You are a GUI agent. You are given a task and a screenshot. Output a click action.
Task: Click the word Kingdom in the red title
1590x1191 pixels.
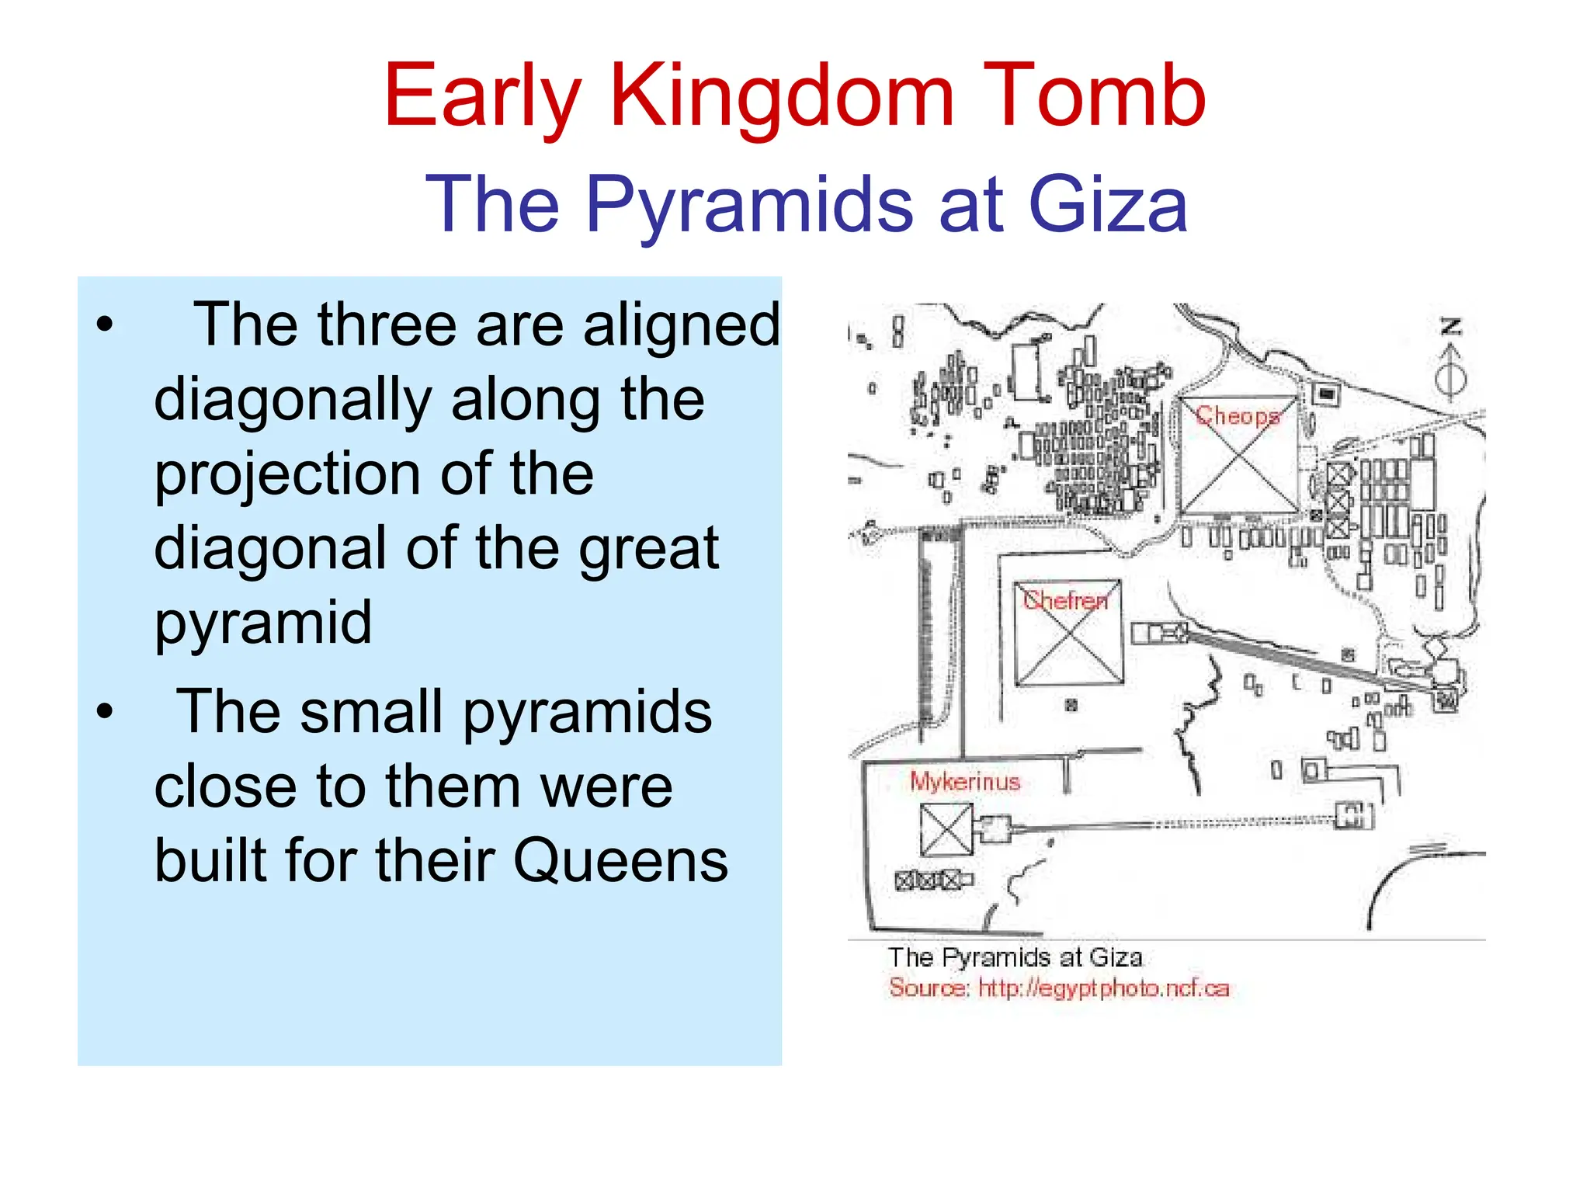(x=781, y=96)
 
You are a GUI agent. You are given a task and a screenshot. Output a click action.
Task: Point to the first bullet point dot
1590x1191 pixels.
(x=105, y=325)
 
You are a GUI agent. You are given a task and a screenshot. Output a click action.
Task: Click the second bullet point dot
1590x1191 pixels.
(x=105, y=711)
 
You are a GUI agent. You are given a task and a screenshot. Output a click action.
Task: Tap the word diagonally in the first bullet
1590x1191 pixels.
(x=292, y=401)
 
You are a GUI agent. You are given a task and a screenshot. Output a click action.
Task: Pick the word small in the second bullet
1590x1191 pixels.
(x=371, y=712)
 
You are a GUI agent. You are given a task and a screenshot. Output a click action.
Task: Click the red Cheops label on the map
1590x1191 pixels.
(x=1238, y=416)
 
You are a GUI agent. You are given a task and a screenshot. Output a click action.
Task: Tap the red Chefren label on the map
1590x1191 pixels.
(x=1065, y=600)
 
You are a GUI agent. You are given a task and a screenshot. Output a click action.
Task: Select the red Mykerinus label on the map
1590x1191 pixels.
(x=964, y=781)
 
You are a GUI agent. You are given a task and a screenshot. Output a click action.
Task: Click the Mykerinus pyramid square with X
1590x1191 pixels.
(x=946, y=828)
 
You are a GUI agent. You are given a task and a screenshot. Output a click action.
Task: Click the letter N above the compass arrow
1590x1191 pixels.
(x=1451, y=327)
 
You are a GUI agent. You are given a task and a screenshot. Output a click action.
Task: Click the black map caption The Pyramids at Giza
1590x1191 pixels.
(x=1015, y=957)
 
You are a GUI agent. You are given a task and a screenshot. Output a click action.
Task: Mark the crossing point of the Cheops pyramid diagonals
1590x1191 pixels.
(x=1238, y=455)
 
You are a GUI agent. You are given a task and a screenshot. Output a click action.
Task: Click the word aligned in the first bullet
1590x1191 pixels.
(x=681, y=325)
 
